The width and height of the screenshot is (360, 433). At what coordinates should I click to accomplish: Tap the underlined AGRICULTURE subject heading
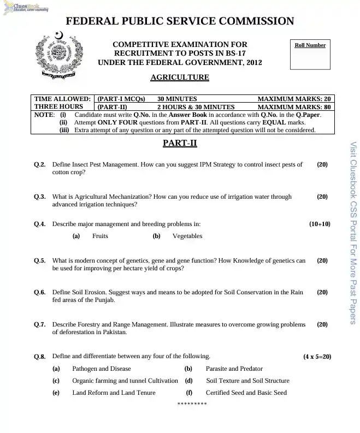click(179, 78)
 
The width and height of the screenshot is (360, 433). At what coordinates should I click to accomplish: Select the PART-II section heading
click(180, 144)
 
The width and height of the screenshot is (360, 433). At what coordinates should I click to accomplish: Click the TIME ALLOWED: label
click(62, 99)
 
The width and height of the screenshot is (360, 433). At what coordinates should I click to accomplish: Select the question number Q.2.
click(39, 164)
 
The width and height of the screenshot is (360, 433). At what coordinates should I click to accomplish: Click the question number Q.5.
click(39, 260)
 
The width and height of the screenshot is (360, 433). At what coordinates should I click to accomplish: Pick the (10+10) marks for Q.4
click(320, 224)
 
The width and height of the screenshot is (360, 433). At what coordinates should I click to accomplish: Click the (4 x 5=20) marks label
click(317, 357)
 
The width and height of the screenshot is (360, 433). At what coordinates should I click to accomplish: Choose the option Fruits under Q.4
click(100, 236)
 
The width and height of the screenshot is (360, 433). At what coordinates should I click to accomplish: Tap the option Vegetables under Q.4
click(187, 236)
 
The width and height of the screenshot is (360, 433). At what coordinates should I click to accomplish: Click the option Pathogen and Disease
click(102, 369)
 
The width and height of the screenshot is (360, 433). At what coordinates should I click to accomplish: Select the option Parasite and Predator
click(234, 369)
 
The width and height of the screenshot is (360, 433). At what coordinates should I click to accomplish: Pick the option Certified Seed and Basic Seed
click(246, 393)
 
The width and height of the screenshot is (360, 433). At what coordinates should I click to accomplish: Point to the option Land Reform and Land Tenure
click(114, 393)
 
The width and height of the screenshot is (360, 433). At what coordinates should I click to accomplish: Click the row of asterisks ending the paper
click(192, 404)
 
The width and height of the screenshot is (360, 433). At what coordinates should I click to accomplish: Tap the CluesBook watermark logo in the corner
click(24, 7)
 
